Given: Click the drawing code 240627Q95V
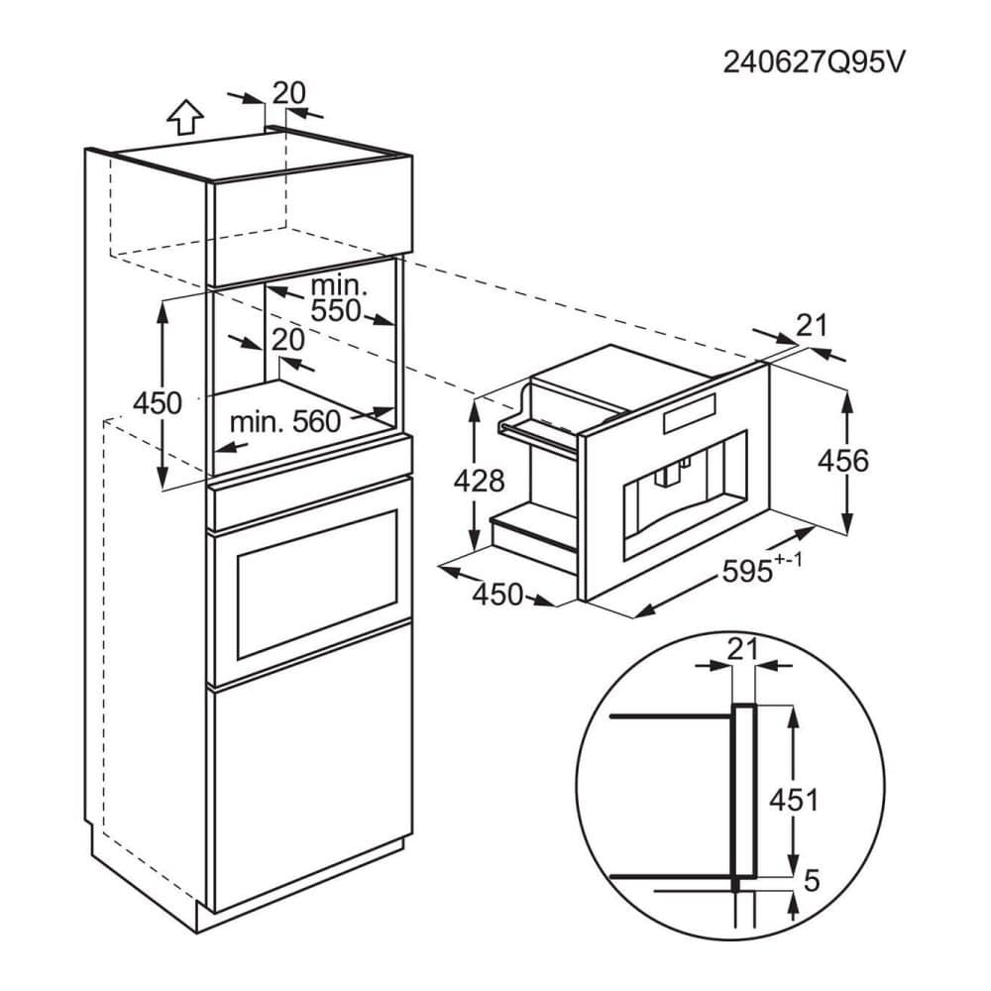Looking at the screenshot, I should click(x=814, y=61).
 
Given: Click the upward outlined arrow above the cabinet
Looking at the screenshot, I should click(x=185, y=118).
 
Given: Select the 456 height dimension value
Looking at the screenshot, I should click(x=845, y=461).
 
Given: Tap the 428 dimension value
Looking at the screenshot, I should click(x=480, y=481).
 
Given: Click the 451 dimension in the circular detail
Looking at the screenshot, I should click(x=795, y=800).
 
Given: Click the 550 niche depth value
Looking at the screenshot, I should click(x=337, y=310).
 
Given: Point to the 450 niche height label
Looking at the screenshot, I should click(x=158, y=403).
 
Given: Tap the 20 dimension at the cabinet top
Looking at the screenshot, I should click(x=288, y=92).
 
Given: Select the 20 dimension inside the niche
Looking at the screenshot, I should click(x=286, y=339).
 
